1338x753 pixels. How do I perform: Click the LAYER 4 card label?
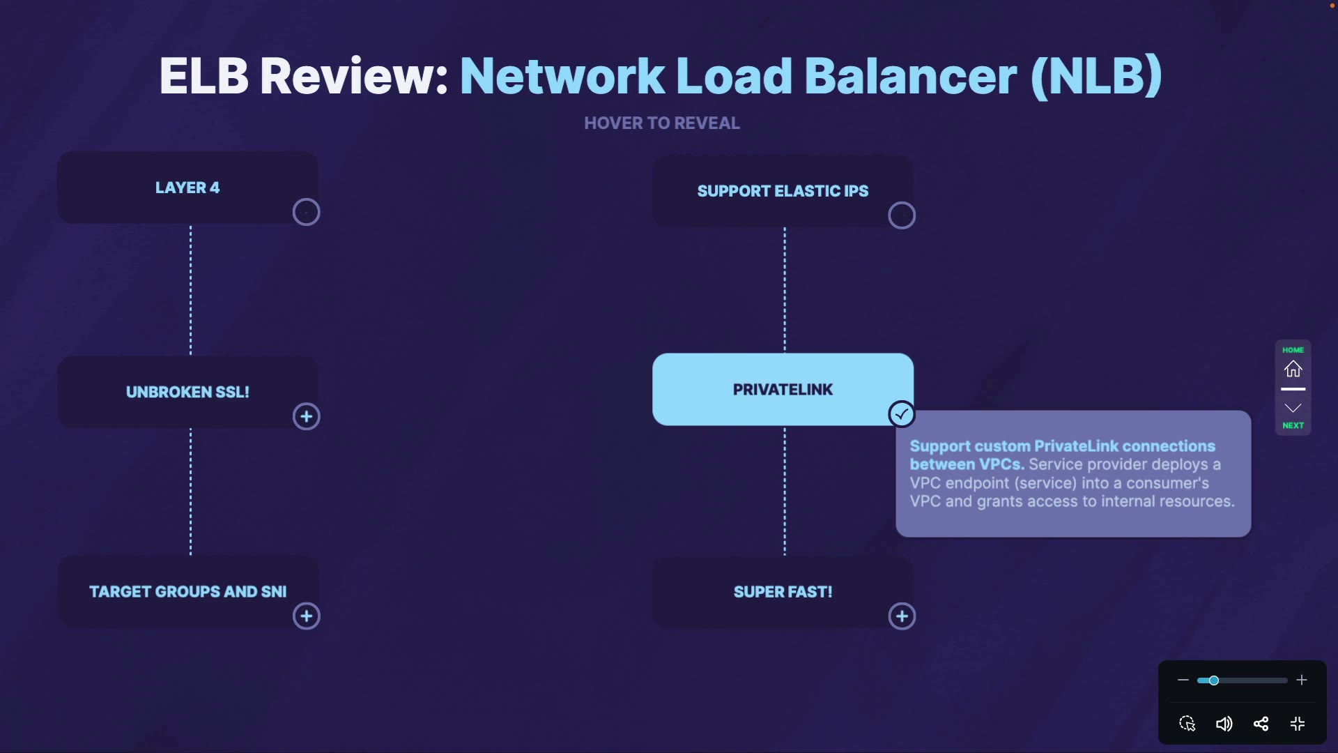click(187, 188)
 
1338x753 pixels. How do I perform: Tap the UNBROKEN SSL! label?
click(187, 392)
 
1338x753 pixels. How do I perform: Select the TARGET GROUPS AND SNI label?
click(187, 592)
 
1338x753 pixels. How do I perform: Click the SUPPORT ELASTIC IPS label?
click(783, 191)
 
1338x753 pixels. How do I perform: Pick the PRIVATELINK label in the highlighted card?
click(783, 390)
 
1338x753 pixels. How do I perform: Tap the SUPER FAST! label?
click(783, 592)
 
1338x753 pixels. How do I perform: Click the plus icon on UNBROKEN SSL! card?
click(306, 417)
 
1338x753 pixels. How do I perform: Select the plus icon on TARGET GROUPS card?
click(306, 616)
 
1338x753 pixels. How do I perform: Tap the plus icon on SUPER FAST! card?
click(902, 616)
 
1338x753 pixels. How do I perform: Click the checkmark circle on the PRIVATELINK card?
click(902, 414)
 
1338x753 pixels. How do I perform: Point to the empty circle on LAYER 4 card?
click(306, 212)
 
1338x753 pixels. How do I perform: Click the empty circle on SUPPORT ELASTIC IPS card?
click(902, 215)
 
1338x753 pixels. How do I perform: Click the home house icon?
click(1293, 369)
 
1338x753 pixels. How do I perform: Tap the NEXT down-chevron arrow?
click(1293, 408)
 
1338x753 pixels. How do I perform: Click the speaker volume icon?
click(1224, 724)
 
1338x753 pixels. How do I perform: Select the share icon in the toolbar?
click(1261, 724)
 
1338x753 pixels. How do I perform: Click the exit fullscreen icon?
click(1298, 724)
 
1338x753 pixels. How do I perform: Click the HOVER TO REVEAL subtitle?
click(662, 123)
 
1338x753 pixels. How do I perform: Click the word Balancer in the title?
click(911, 76)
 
